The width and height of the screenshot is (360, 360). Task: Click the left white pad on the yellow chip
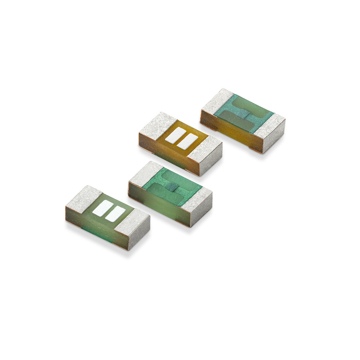(175, 135)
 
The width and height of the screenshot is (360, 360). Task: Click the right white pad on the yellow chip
(187, 141)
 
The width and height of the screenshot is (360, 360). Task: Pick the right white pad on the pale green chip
(115, 214)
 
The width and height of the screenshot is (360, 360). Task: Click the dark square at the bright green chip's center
(172, 187)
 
